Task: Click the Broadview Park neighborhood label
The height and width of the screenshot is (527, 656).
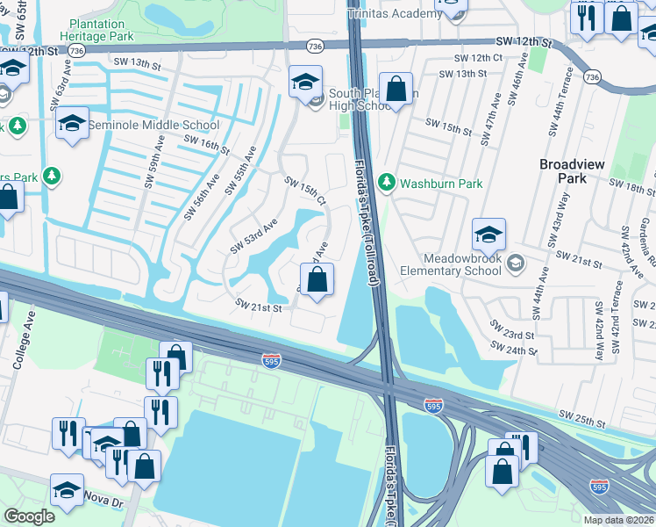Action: tap(570, 170)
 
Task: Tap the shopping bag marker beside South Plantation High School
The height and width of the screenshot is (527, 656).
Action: tap(396, 90)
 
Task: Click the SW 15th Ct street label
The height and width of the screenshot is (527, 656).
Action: tap(306, 191)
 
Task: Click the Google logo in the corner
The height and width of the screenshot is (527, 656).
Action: tap(29, 516)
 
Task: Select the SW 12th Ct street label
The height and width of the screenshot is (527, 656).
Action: tap(477, 58)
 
